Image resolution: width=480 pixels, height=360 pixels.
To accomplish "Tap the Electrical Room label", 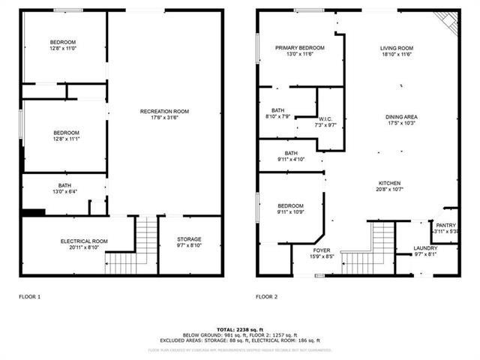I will coord(84,241).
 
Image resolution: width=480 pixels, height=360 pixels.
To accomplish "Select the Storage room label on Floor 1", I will coord(188,239).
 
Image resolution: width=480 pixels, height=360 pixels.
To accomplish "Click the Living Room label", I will coord(397,48).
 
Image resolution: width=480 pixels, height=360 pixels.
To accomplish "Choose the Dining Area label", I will coord(401,117).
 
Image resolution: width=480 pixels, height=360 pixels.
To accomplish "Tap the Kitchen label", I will coord(389,183).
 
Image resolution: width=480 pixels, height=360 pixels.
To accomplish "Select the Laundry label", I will coord(425,248).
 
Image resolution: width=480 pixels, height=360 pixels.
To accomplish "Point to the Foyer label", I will coord(322,250).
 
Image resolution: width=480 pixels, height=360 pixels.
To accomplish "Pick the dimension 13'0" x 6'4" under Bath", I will coord(65,192).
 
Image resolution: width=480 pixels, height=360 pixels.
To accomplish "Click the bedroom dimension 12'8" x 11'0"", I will coord(64,48).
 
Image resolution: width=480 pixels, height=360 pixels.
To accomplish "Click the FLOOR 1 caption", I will coord(30,297).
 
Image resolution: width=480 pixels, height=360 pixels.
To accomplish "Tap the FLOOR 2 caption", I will coord(266,297).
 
